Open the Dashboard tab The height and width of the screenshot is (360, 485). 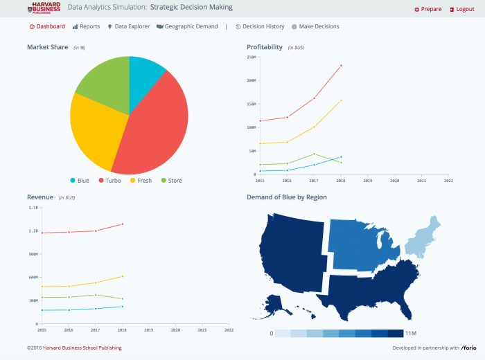tap(47, 26)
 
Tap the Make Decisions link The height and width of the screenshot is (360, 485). tap(315, 26)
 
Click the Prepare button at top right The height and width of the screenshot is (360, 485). tap(427, 9)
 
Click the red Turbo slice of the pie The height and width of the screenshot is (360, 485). tap(156, 125)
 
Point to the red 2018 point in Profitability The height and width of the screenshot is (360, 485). tap(341, 66)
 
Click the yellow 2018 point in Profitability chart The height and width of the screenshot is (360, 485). tap(341, 100)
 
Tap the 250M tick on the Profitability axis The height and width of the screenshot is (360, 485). tap(252, 57)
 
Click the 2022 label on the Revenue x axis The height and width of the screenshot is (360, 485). tap(229, 330)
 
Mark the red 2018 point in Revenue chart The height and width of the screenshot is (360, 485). tap(123, 224)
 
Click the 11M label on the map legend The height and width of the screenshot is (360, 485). tap(410, 334)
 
